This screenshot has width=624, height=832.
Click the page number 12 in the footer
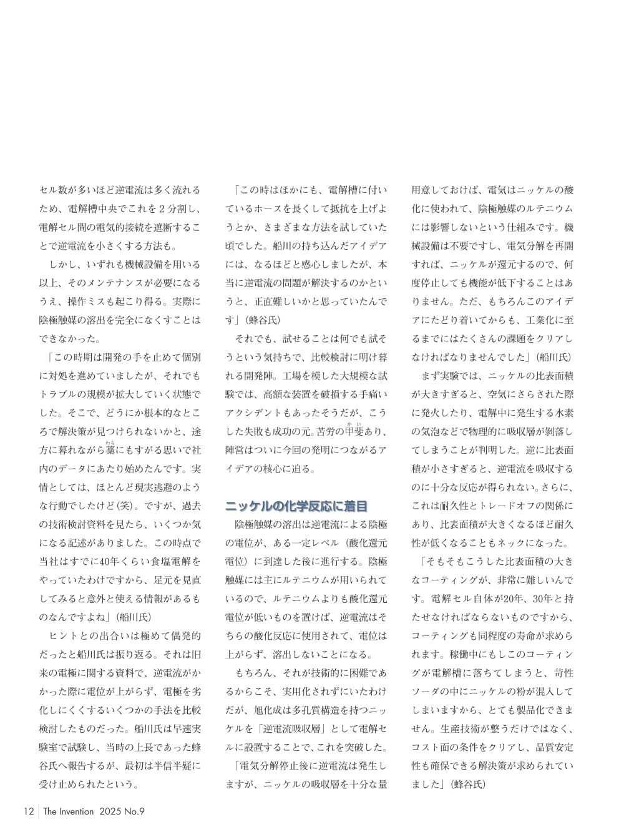pyautogui.click(x=28, y=811)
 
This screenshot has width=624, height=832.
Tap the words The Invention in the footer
pyautogui.click(x=68, y=811)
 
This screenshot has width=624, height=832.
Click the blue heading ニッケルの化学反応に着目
pyautogui.click(x=296, y=506)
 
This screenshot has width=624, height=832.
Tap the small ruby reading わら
pyautogui.click(x=110, y=443)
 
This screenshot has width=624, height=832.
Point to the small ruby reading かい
pyautogui.click(x=354, y=424)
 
